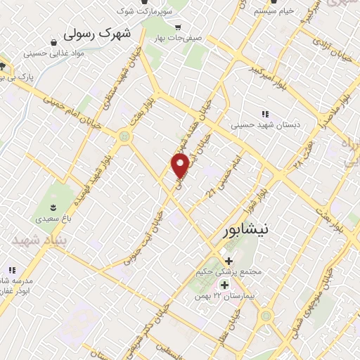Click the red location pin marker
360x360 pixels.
pos(181,166)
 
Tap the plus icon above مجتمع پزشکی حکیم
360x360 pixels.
pos(229,261)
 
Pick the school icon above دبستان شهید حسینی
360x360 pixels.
pos(265,114)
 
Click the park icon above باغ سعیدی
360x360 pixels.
pos(53,206)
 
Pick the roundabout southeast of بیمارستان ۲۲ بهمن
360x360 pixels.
pos(266,316)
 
